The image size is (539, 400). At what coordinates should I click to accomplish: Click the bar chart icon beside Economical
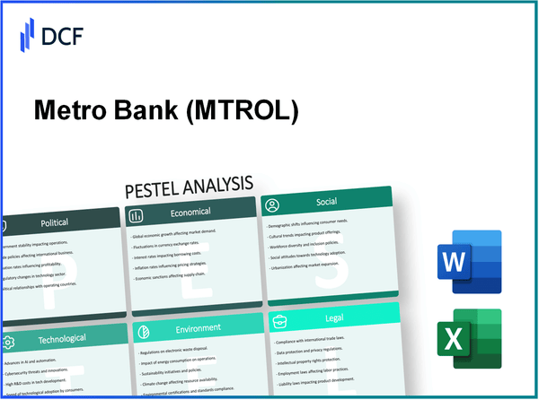click(137, 215)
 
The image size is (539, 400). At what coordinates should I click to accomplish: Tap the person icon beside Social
click(272, 206)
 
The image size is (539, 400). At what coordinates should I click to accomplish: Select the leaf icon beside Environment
click(142, 331)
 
